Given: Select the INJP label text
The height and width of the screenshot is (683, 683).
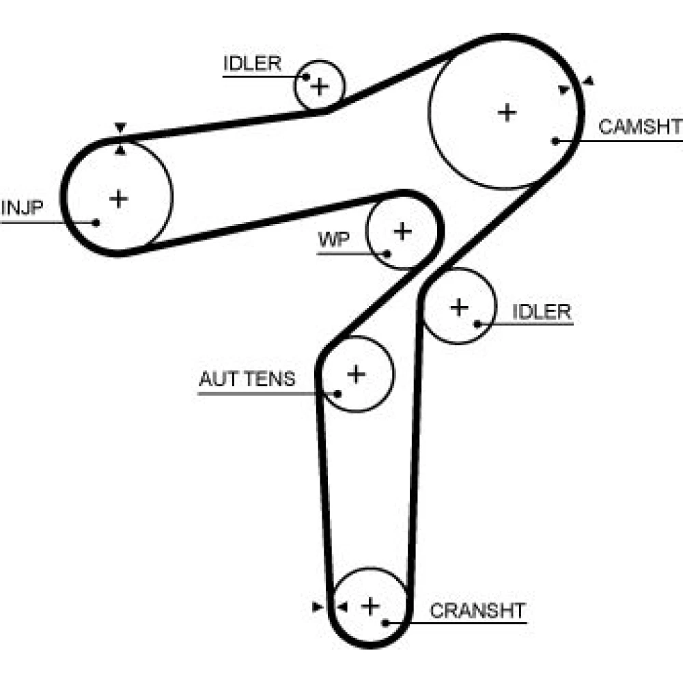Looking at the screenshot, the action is [23, 208].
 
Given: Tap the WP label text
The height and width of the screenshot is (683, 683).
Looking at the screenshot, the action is [334, 239].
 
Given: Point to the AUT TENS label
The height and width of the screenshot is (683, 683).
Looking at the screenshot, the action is [247, 378].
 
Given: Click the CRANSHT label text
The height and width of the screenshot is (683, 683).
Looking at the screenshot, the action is [478, 611].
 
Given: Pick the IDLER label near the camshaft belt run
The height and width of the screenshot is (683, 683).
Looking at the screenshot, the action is [252, 63].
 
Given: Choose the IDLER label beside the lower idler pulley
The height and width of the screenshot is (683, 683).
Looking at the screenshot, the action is [542, 312].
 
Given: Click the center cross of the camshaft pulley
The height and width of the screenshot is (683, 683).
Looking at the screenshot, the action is [507, 113].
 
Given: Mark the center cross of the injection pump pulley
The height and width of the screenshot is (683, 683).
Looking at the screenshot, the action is [118, 199].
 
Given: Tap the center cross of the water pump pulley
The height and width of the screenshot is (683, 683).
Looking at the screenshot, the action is [403, 232].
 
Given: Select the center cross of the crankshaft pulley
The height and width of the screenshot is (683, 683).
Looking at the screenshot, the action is [370, 607].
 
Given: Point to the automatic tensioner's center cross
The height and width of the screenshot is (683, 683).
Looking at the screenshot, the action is [357, 374].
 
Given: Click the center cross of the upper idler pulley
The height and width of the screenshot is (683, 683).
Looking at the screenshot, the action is [320, 86].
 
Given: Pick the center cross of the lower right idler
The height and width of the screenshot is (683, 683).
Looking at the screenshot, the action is [459, 307].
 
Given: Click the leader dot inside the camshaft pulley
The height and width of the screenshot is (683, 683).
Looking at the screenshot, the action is [555, 141].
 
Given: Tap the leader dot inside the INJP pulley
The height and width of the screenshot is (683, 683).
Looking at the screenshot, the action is [96, 223].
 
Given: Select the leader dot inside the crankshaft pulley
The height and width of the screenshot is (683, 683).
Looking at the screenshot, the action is [385, 623].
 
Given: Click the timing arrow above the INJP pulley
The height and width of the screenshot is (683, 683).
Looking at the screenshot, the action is [120, 128].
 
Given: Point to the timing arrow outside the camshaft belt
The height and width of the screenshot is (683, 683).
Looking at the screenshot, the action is [589, 81].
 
